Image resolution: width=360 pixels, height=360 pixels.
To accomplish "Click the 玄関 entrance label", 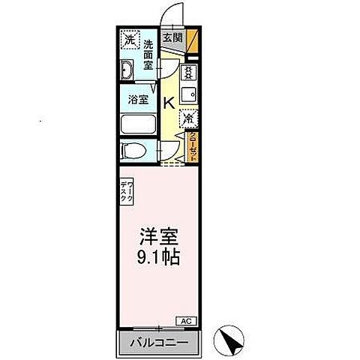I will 173,37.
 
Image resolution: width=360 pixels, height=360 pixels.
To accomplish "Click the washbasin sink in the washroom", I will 128,70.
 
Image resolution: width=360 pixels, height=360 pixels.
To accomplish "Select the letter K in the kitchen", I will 169,102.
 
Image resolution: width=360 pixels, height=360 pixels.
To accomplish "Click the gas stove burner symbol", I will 187,73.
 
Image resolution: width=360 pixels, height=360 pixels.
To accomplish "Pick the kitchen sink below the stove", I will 188,95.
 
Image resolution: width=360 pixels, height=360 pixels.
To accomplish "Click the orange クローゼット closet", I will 192,144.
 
